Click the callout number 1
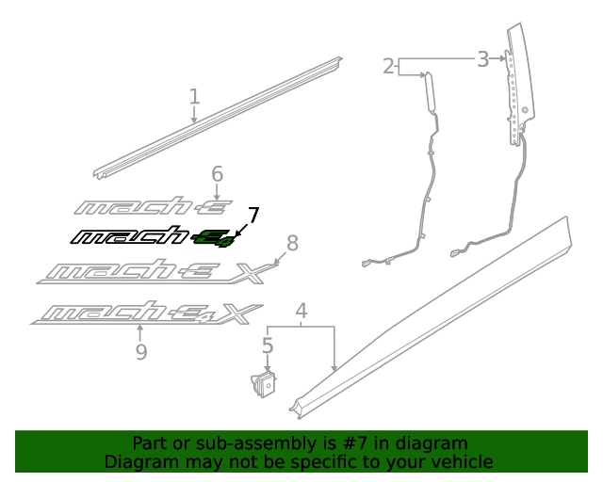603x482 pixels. point(194,96)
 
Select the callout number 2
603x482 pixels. point(388,66)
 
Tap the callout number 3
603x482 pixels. point(482,59)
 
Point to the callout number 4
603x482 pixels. point(301,311)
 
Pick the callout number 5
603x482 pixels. point(268,346)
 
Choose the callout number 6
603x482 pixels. point(217,174)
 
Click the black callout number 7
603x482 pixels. point(253,216)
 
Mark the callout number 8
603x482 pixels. point(292,244)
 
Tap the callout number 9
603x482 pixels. point(140,351)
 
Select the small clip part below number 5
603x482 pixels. point(265,384)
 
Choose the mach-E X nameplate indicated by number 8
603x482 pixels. point(155,273)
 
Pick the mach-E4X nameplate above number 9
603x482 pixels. point(146,313)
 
